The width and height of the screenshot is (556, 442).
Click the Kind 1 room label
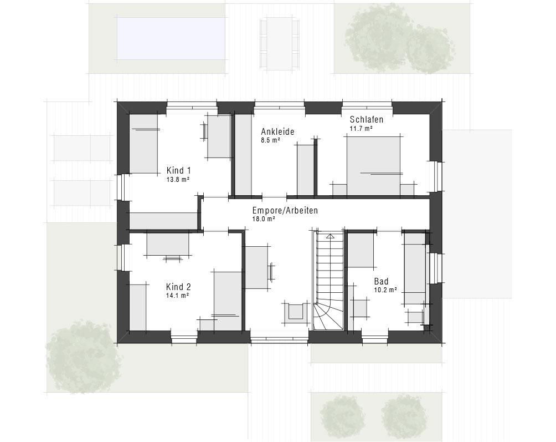(179, 170)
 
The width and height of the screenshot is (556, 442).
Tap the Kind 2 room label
(179, 287)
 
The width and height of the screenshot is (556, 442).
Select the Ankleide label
(277, 131)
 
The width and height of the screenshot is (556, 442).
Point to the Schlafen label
(367, 120)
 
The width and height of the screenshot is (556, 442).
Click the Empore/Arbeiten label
(285, 211)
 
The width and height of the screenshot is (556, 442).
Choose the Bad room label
(381, 282)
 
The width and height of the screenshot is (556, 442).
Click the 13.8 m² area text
(178, 180)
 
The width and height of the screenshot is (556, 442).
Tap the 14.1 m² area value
(177, 296)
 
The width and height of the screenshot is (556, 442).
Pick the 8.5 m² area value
(271, 140)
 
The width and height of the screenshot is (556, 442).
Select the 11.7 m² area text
(361, 129)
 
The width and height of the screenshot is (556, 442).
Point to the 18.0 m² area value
(264, 219)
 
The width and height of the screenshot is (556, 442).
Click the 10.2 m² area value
(385, 290)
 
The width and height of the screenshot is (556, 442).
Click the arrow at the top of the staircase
(330, 236)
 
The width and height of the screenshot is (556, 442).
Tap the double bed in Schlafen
(373, 166)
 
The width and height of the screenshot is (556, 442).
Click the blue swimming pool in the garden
(171, 39)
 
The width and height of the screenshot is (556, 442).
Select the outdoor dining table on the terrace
(280, 44)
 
